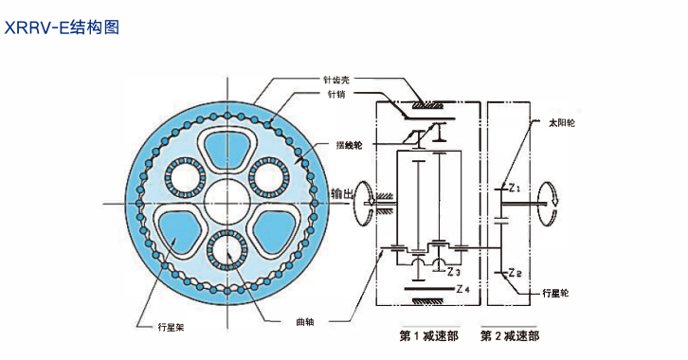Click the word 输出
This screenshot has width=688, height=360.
[343, 193]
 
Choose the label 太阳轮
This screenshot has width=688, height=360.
[560, 123]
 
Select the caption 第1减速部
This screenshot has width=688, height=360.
[430, 335]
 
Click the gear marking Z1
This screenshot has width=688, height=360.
[515, 187]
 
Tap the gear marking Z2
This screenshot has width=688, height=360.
[515, 273]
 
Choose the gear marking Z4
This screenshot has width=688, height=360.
[463, 289]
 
